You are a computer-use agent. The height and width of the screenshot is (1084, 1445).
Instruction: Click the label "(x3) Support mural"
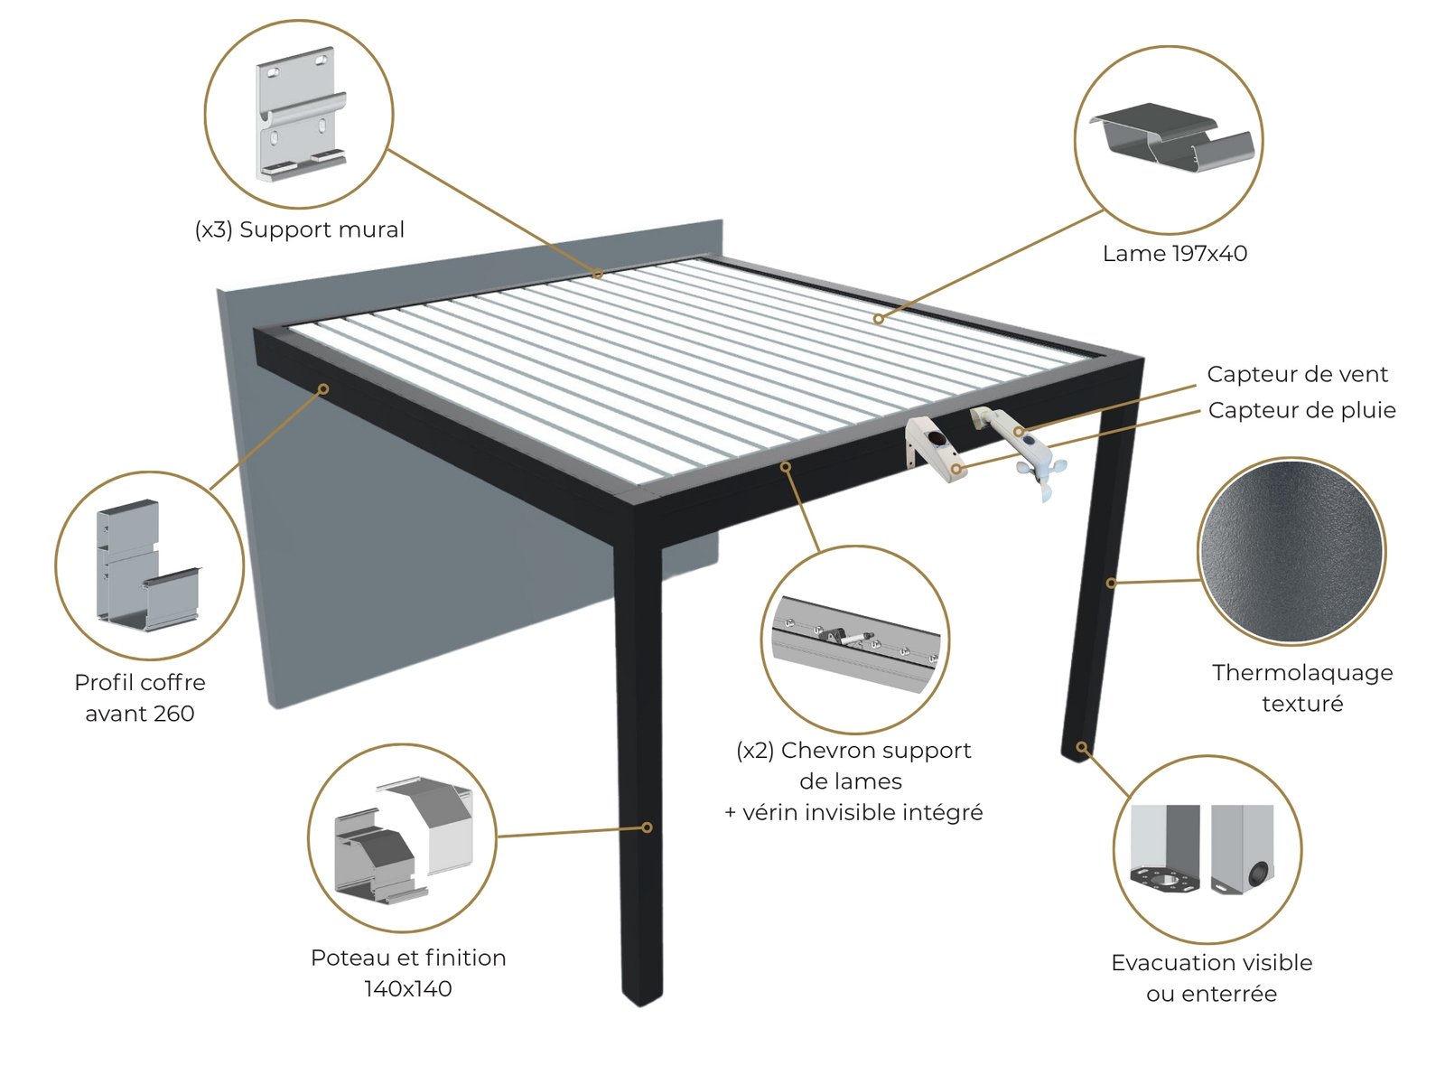300,229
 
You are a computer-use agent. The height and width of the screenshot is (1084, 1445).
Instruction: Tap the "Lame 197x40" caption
1174,254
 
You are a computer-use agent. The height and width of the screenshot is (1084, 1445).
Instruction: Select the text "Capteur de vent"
1297,374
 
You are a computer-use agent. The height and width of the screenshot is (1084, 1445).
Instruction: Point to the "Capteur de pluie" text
1301,410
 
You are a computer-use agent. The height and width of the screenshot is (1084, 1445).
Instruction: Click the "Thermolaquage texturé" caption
1302,687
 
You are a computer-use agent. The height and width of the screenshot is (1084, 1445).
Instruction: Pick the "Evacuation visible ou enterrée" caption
1211,978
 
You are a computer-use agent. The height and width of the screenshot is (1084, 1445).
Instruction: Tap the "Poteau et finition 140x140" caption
408,973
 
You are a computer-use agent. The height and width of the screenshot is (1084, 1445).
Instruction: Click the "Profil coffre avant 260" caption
140,697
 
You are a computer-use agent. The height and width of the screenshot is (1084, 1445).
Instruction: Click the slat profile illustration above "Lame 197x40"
1172,137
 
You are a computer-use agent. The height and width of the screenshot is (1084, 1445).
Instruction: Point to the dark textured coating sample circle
1291,552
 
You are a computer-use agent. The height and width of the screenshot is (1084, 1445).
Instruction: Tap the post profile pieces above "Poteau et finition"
404,839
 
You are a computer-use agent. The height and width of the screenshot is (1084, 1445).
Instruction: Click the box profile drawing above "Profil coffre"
147,565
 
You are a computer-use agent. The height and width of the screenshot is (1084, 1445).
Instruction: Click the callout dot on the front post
648,827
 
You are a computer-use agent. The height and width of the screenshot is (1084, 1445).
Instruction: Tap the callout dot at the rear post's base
1082,746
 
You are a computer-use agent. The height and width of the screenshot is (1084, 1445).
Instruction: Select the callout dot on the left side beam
323,389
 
